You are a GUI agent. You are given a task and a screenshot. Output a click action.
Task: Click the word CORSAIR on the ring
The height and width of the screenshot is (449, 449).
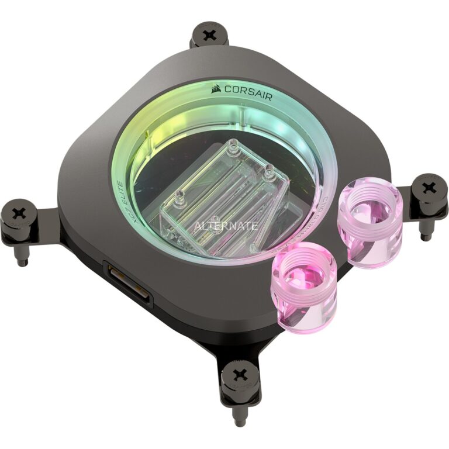tap(248, 94)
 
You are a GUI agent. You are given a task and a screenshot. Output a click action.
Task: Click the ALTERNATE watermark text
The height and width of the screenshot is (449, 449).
tap(226, 226)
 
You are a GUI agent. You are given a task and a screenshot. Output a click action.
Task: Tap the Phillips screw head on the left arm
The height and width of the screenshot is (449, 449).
tap(18, 212)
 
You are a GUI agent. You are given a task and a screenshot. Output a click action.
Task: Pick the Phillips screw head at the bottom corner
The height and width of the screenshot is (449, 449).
tap(240, 375)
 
